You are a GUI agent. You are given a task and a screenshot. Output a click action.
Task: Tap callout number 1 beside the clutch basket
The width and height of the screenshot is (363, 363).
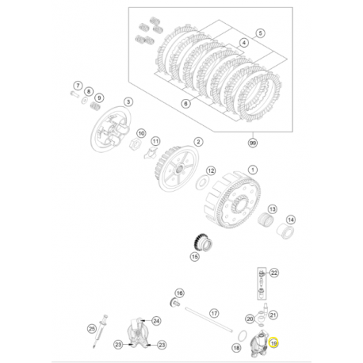252,169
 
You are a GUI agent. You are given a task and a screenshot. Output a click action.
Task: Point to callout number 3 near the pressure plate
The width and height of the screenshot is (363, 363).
128,103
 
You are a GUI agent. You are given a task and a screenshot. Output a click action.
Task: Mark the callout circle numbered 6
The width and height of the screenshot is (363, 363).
78,85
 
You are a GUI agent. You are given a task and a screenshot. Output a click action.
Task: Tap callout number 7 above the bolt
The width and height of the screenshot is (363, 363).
87,93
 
